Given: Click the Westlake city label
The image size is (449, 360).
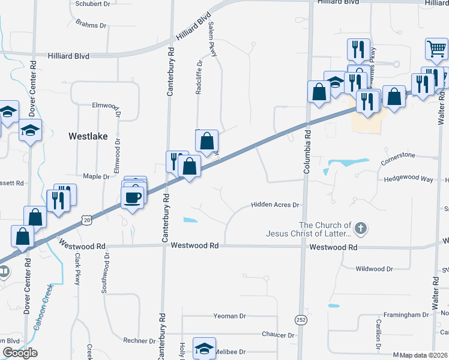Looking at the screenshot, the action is [88, 136].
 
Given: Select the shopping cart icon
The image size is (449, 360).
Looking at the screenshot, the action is [436, 49].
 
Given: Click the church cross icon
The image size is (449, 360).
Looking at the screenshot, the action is [360, 228].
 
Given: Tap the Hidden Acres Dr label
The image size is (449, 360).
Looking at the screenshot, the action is [274, 205].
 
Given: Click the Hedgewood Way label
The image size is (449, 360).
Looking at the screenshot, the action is [408, 179].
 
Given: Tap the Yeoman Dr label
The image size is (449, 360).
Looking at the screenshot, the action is [229, 316].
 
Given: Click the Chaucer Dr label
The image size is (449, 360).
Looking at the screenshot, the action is [278, 335].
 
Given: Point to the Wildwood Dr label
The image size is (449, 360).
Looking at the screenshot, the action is [374, 269].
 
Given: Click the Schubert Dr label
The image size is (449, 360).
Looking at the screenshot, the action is [93, 3].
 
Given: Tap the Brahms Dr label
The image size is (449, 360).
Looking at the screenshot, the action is [91, 25].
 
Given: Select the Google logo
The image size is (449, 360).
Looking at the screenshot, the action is [20, 353].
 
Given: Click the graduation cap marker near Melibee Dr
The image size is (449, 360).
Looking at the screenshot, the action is [204, 349].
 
